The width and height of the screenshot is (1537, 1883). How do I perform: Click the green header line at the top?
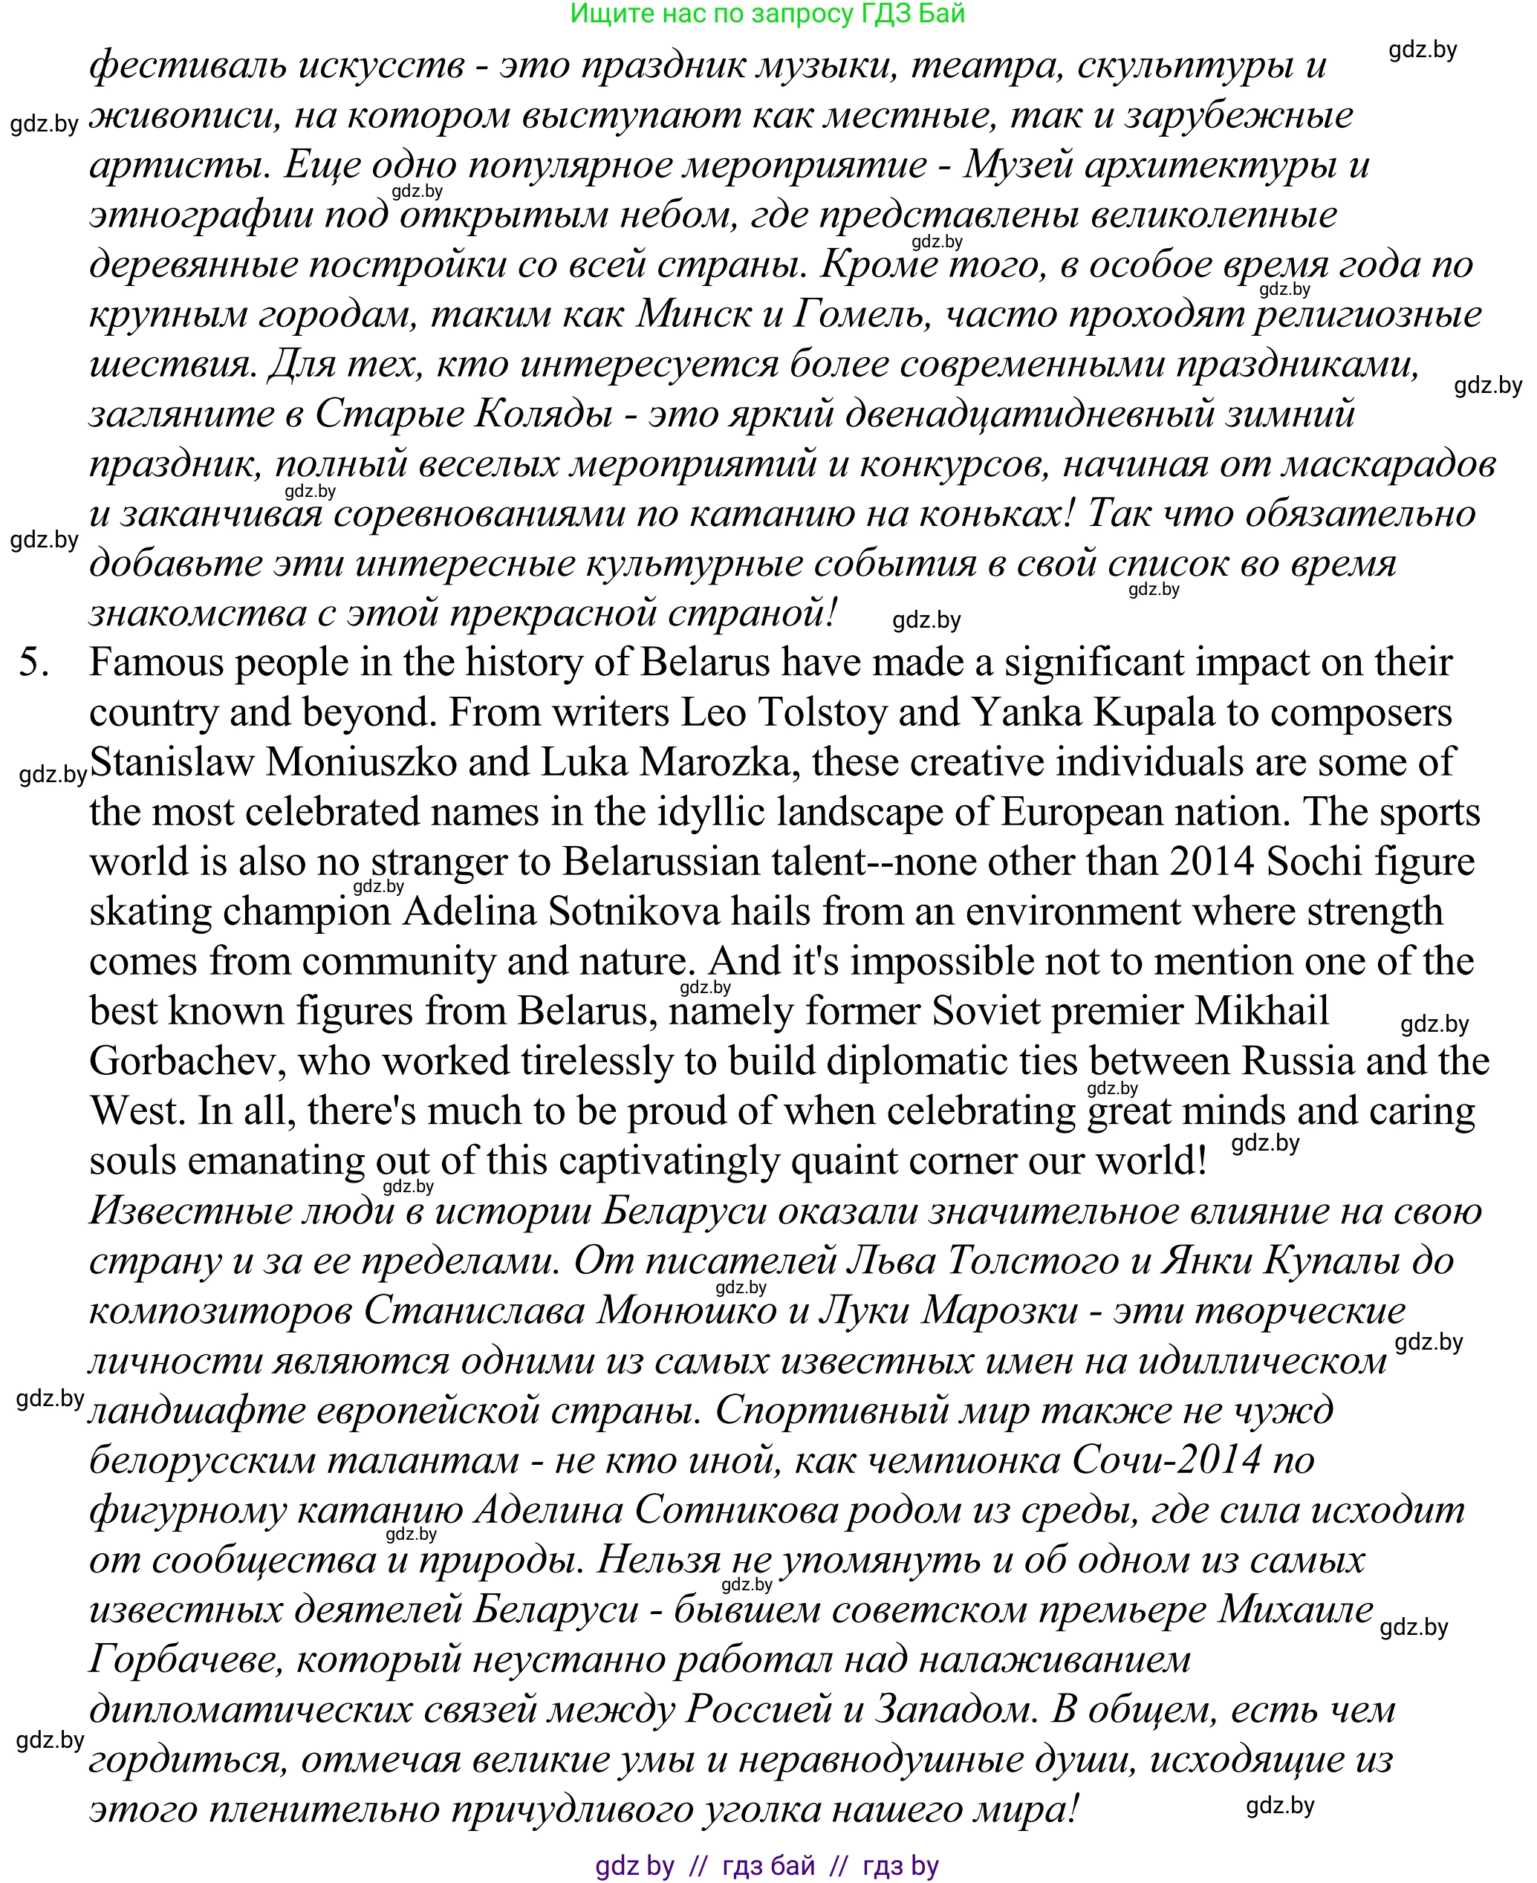click(x=767, y=13)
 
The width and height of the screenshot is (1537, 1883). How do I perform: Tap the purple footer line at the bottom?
click(x=767, y=1866)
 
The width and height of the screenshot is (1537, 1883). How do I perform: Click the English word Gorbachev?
click(x=188, y=1061)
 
